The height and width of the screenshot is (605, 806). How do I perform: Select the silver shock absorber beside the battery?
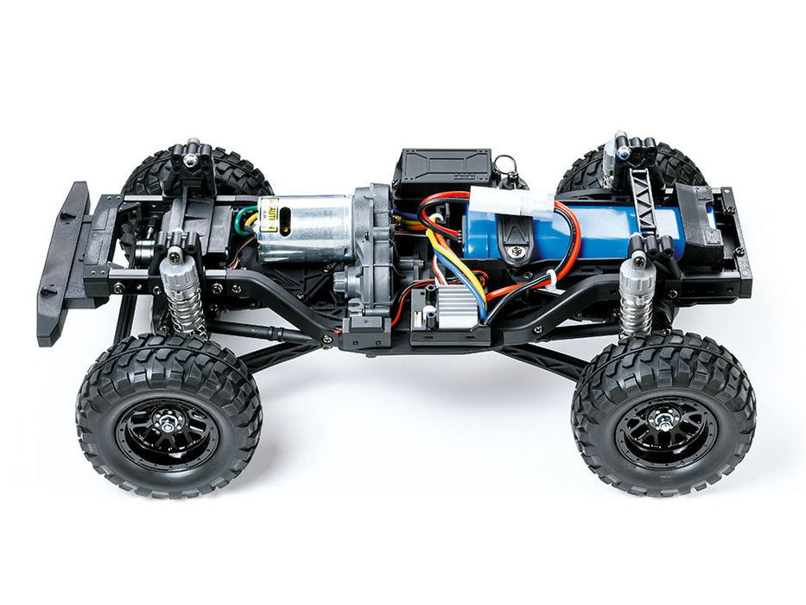(x=637, y=296)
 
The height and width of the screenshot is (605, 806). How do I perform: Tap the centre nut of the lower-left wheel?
(x=167, y=421)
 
